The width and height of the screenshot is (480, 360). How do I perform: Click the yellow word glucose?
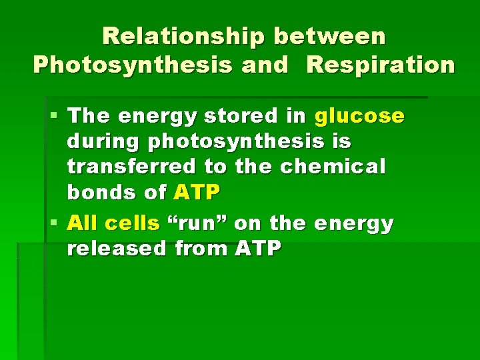click(359, 117)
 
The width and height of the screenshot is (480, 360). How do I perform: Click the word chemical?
click(333, 167)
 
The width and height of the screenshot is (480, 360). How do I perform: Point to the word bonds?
click(99, 193)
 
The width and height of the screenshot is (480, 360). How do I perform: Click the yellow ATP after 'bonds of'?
click(196, 193)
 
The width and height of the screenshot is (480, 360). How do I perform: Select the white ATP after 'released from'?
click(258, 249)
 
